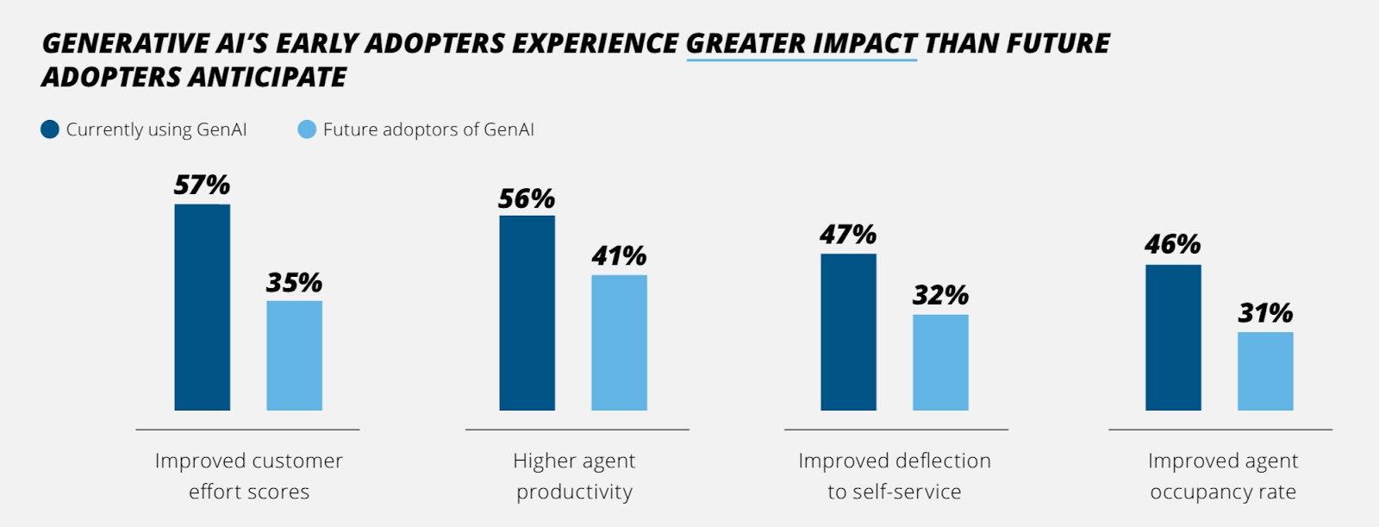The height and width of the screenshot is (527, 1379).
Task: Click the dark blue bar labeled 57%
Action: tap(203, 307)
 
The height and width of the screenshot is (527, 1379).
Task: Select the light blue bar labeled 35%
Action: tap(294, 355)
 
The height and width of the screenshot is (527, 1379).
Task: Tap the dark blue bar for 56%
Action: tap(527, 313)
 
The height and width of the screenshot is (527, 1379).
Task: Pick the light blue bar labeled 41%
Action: tap(619, 342)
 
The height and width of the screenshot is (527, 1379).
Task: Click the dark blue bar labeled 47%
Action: tap(848, 332)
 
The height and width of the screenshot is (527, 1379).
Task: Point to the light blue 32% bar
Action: tap(940, 362)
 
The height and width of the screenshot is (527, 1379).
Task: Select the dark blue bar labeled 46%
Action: tap(1173, 337)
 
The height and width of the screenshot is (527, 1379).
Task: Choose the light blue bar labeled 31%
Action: tap(1265, 371)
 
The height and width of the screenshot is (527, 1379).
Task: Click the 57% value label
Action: tap(202, 185)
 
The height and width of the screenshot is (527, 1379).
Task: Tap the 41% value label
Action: tap(619, 255)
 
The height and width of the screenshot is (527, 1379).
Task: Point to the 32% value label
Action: tap(940, 295)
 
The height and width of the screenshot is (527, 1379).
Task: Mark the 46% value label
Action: tap(1172, 244)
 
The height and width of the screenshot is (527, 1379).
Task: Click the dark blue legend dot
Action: tap(50, 129)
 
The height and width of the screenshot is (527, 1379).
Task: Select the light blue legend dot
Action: tap(307, 129)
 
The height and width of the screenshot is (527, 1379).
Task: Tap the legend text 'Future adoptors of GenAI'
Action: tap(428, 129)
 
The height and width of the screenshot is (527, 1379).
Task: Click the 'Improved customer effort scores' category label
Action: tap(248, 476)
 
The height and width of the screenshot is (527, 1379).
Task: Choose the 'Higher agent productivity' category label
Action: tap(574, 476)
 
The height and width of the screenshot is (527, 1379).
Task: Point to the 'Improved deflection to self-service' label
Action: tap(895, 476)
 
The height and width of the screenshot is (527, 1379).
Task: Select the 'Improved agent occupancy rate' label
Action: tap(1222, 476)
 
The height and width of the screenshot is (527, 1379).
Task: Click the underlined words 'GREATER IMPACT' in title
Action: tap(802, 43)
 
